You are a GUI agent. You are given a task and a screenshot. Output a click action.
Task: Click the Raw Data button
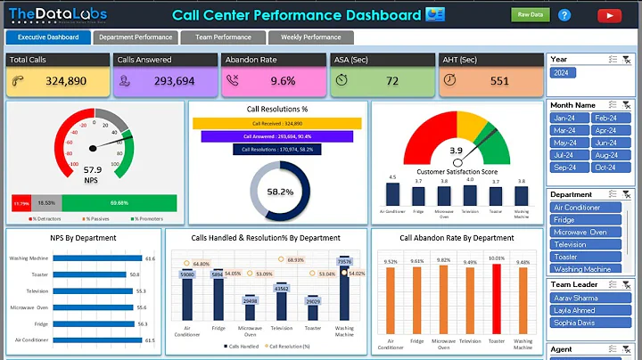tap(530, 14)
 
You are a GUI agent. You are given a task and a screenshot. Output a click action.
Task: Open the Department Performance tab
tap(136, 37)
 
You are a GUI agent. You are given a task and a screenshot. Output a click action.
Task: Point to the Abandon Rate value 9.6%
tap(283, 80)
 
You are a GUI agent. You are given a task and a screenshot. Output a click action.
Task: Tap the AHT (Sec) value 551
tap(499, 80)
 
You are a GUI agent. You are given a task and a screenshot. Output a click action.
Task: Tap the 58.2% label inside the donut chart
tap(280, 192)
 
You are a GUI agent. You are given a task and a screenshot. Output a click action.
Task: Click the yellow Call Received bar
tap(277, 123)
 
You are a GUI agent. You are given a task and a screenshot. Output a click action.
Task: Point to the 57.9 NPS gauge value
tap(93, 169)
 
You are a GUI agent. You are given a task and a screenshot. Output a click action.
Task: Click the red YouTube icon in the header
tap(610, 14)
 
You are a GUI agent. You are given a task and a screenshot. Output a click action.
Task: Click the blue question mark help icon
tap(564, 14)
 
